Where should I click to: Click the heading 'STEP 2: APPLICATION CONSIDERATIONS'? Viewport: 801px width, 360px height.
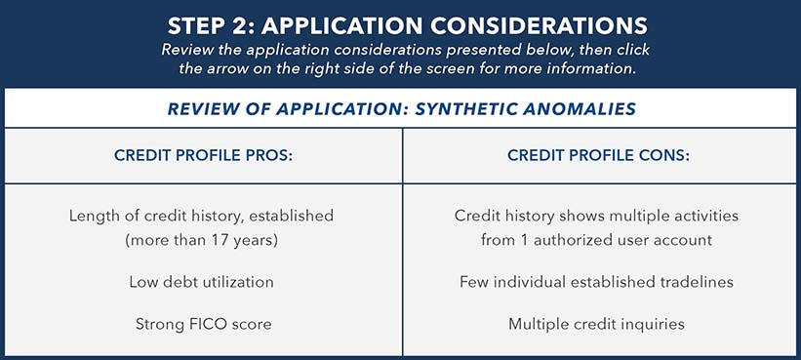400,22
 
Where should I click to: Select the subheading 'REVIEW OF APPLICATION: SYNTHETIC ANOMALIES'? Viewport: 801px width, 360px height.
400,108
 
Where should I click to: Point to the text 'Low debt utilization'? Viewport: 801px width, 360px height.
201,282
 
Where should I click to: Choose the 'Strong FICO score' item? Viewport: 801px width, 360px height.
201,322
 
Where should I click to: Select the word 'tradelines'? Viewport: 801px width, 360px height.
697,282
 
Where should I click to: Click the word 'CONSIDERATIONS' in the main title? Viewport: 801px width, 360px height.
529,22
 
